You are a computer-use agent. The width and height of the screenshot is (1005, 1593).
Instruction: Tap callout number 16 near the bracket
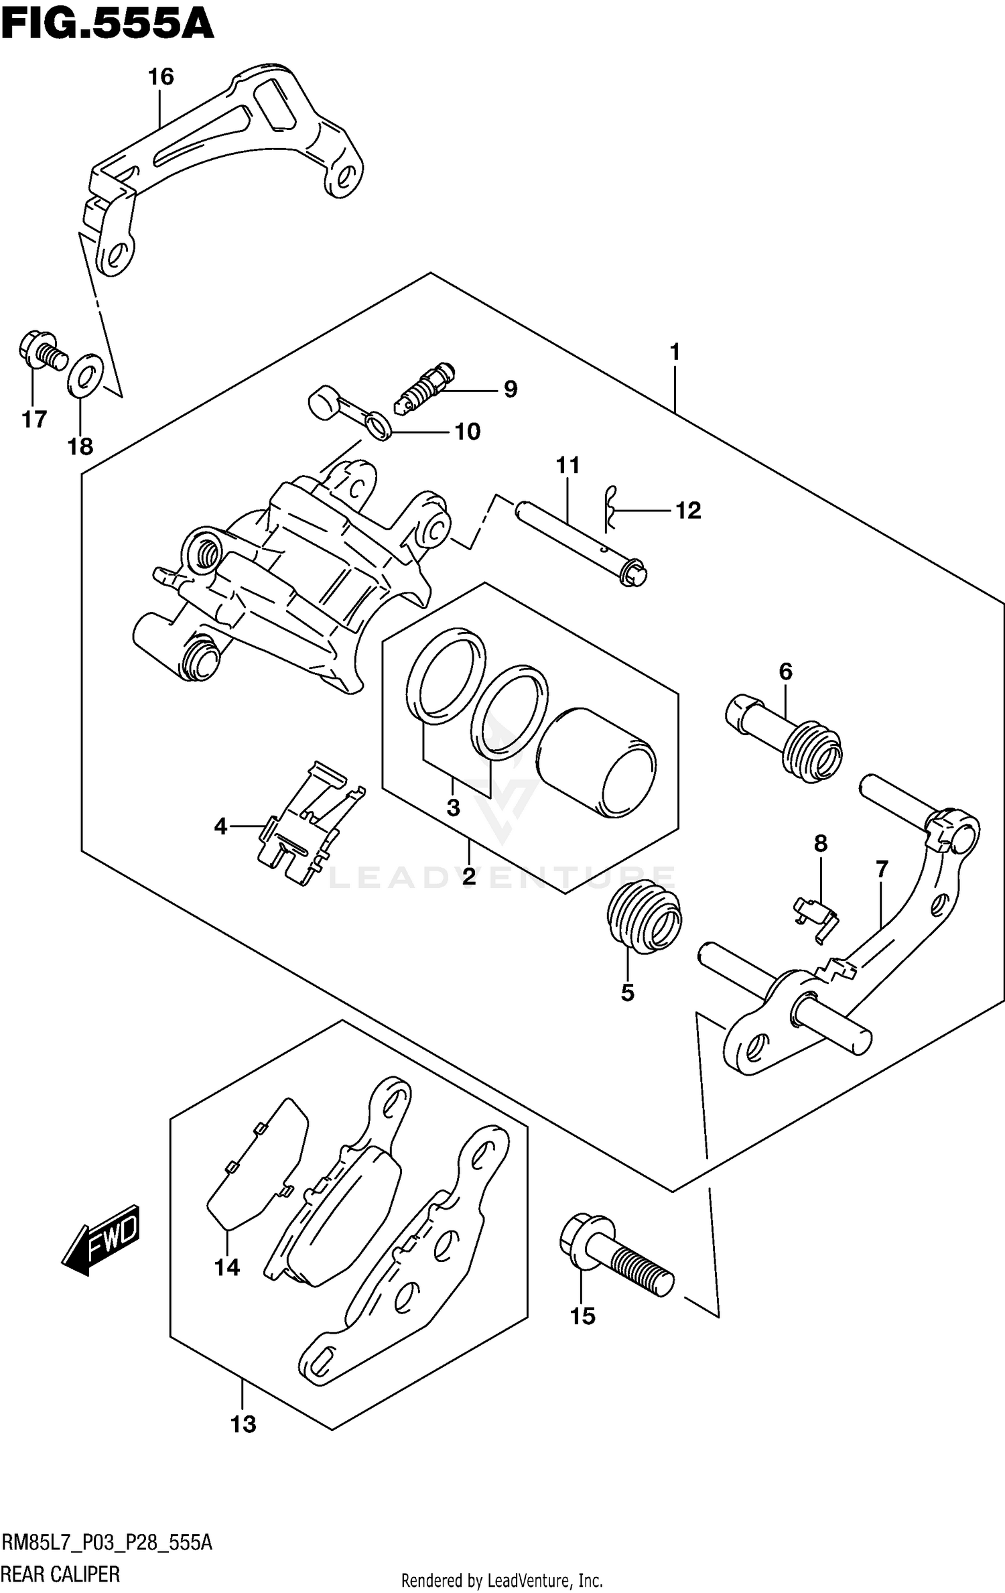[161, 77]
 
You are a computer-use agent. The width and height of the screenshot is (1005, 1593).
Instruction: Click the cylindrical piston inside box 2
[596, 763]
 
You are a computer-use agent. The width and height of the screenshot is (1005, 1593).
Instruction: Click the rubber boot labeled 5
[643, 916]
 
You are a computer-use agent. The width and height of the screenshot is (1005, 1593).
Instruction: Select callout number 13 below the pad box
[243, 1423]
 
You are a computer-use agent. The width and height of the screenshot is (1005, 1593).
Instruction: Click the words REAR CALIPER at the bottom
[62, 1574]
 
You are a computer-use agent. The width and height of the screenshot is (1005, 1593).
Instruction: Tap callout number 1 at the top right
[675, 351]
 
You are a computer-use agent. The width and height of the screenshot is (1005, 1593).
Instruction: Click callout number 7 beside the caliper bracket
[881, 870]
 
